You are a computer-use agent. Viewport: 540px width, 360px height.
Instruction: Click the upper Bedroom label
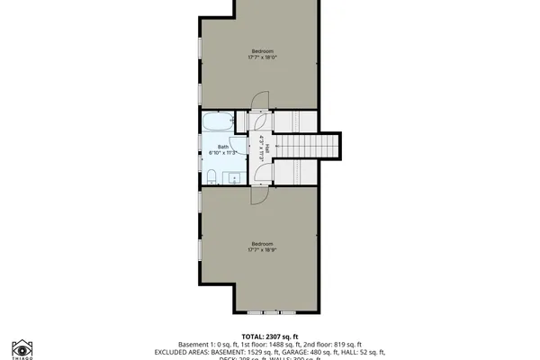[262, 50]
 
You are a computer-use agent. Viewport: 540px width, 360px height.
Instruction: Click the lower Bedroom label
[262, 244]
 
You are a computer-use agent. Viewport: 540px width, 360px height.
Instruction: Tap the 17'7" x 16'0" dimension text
[262, 58]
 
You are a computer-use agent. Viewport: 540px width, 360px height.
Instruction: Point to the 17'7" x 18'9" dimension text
[262, 251]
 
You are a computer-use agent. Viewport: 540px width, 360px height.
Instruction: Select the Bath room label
[222, 147]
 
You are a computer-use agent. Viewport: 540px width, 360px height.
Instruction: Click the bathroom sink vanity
[232, 175]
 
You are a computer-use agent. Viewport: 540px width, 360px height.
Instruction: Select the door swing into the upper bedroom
[259, 101]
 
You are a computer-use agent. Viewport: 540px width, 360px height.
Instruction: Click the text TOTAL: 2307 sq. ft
[269, 334]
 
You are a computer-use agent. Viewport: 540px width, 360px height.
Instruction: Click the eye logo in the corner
[22, 348]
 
